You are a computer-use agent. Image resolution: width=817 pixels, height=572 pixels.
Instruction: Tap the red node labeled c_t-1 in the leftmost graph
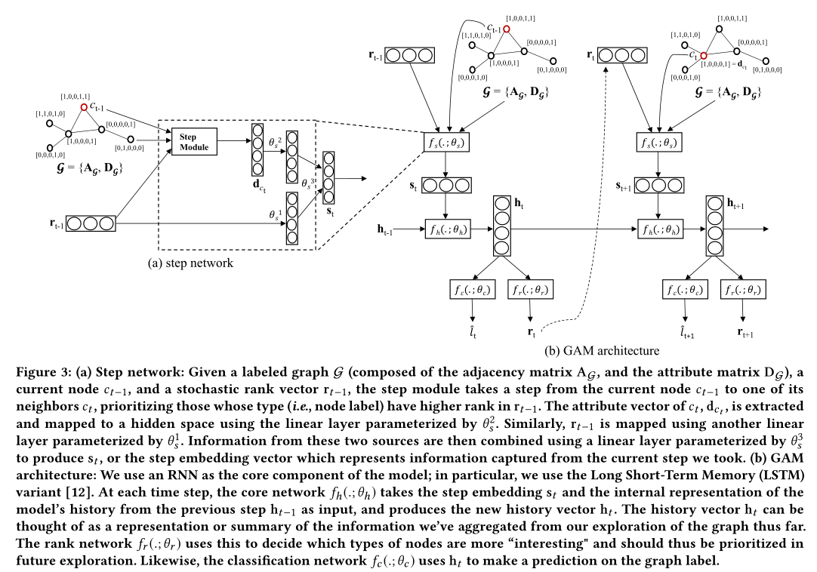pos(84,108)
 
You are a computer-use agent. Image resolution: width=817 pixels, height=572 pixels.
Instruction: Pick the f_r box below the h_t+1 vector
pos(742,290)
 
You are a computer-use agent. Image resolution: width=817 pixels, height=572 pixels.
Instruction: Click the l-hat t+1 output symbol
pos(686,333)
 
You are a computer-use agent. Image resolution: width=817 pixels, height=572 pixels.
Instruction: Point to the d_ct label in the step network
pos(258,185)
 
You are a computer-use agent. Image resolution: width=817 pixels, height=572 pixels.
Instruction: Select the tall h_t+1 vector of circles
pos(715,226)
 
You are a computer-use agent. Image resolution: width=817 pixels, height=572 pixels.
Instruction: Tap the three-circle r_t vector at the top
pos(624,55)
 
